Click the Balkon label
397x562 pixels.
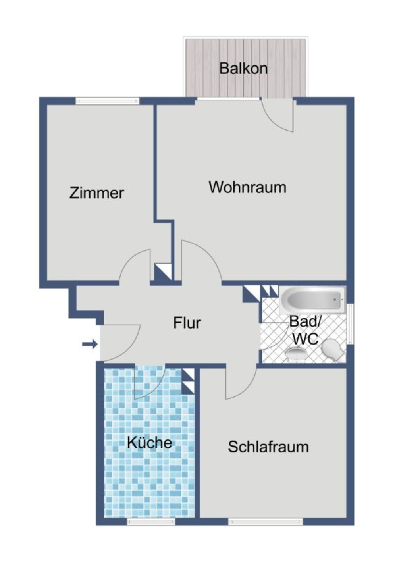243,68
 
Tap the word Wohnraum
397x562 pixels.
247,187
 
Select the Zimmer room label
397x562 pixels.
96,193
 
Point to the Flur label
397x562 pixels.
187,323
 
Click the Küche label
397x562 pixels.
149,442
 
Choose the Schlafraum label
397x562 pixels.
268,447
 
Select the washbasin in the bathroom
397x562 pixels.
296,353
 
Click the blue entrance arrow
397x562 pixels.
90,344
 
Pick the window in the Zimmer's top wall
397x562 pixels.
107,101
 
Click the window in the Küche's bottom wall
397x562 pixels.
151,521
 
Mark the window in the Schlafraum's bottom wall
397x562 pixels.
266,521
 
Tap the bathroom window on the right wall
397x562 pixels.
350,323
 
